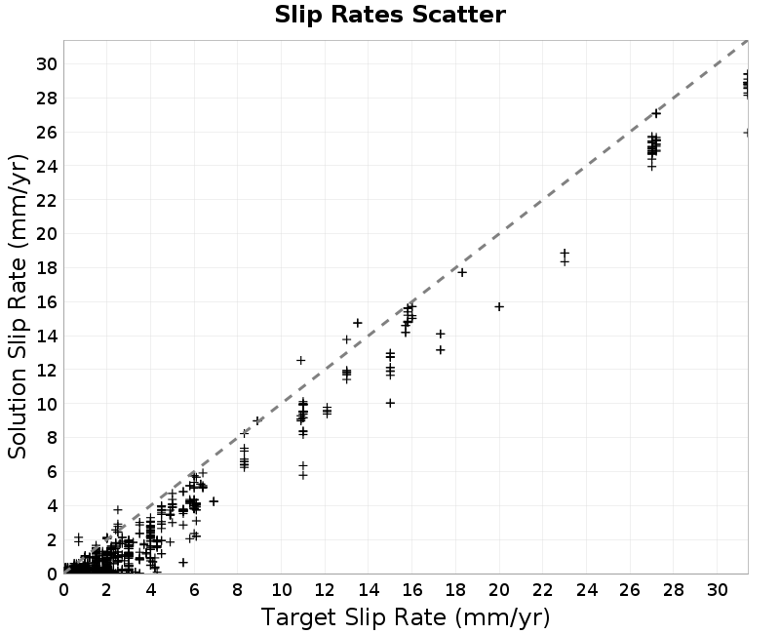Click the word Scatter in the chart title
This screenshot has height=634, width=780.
[458, 15]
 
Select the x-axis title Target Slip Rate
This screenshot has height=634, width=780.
[354, 617]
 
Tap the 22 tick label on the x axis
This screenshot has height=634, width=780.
[543, 590]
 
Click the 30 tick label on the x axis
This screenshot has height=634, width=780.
[718, 590]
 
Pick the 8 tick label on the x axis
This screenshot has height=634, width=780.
[237, 590]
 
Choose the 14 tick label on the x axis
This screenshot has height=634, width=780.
[369, 590]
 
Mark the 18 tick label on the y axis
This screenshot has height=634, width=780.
[47, 268]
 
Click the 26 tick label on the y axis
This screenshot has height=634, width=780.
[47, 133]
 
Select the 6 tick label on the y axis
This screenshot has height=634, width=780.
[53, 472]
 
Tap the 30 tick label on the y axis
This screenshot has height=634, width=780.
[47, 64]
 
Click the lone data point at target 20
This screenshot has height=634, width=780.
[499, 306]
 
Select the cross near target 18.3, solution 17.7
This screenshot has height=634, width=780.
[462, 272]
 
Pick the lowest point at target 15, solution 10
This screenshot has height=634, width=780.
[390, 403]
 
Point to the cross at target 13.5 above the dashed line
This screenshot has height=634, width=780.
[357, 323]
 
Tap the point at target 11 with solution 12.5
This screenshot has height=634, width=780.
[300, 360]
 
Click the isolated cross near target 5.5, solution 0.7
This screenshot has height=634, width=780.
[183, 562]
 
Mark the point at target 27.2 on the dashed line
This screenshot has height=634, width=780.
[656, 113]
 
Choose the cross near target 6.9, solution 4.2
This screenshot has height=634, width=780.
[214, 501]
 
